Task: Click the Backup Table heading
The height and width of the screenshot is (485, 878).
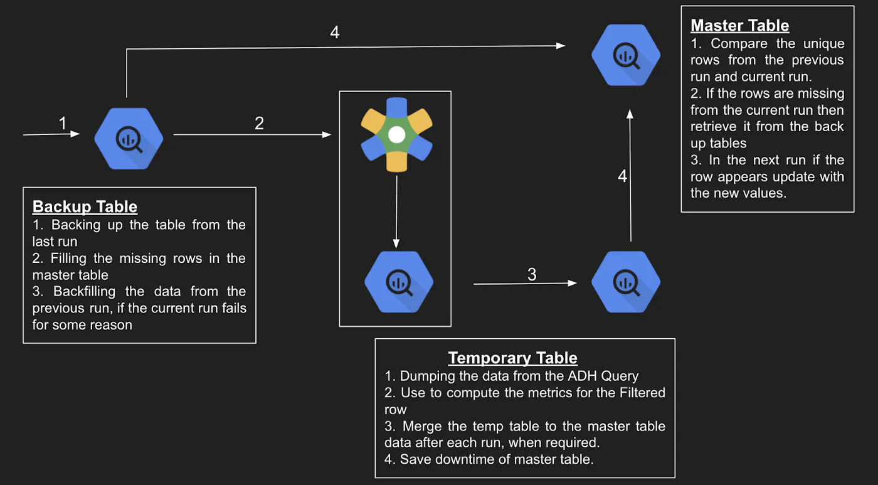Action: coord(85,206)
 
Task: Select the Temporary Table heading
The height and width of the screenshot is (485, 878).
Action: coord(512,358)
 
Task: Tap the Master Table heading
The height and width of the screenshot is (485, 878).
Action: coord(739,26)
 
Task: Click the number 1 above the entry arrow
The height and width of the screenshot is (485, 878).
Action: coord(62,124)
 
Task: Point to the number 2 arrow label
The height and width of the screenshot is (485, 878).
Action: coord(259,124)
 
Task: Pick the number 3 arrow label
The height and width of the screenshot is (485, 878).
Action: coord(532,274)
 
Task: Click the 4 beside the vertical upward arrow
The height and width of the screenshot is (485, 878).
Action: coord(622,176)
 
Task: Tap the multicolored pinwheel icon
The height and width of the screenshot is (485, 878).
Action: coord(396,134)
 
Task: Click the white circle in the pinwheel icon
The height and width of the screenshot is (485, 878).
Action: coord(396,134)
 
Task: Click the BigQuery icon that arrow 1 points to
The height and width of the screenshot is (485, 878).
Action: coord(129,139)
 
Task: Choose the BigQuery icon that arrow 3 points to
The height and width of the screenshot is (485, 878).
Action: coord(625,282)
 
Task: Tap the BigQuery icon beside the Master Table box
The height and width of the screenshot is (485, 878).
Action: coord(625,55)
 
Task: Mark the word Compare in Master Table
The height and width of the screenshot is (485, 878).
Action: coord(739,44)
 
